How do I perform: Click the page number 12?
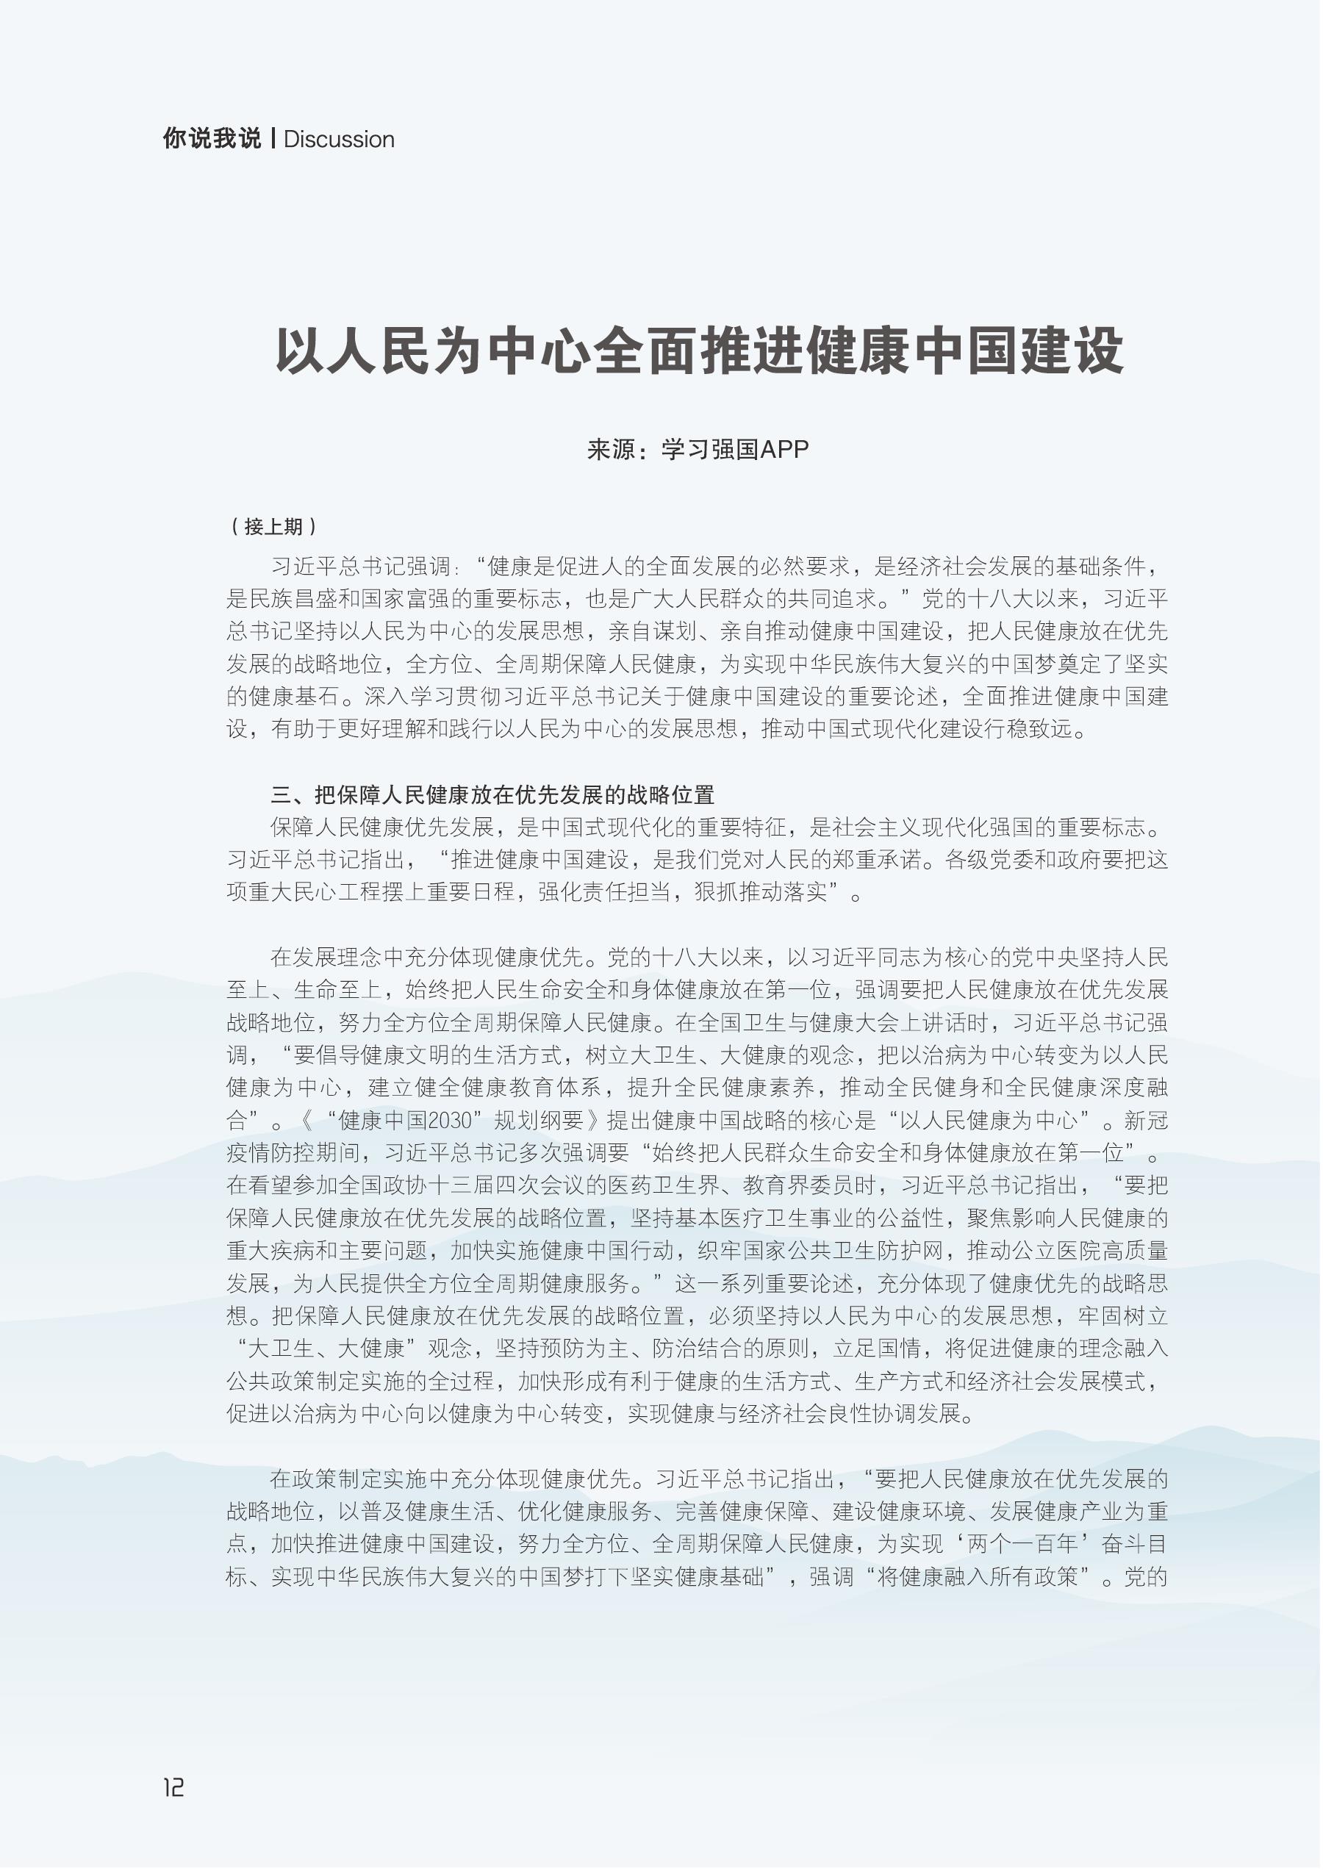pos(173,1788)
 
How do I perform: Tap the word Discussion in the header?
pos(339,140)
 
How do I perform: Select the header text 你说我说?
pos(212,139)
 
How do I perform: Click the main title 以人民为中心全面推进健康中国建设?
pos(700,351)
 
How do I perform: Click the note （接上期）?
pos(274,526)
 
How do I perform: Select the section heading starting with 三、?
pos(492,794)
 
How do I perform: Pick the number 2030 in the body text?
pos(451,1121)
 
